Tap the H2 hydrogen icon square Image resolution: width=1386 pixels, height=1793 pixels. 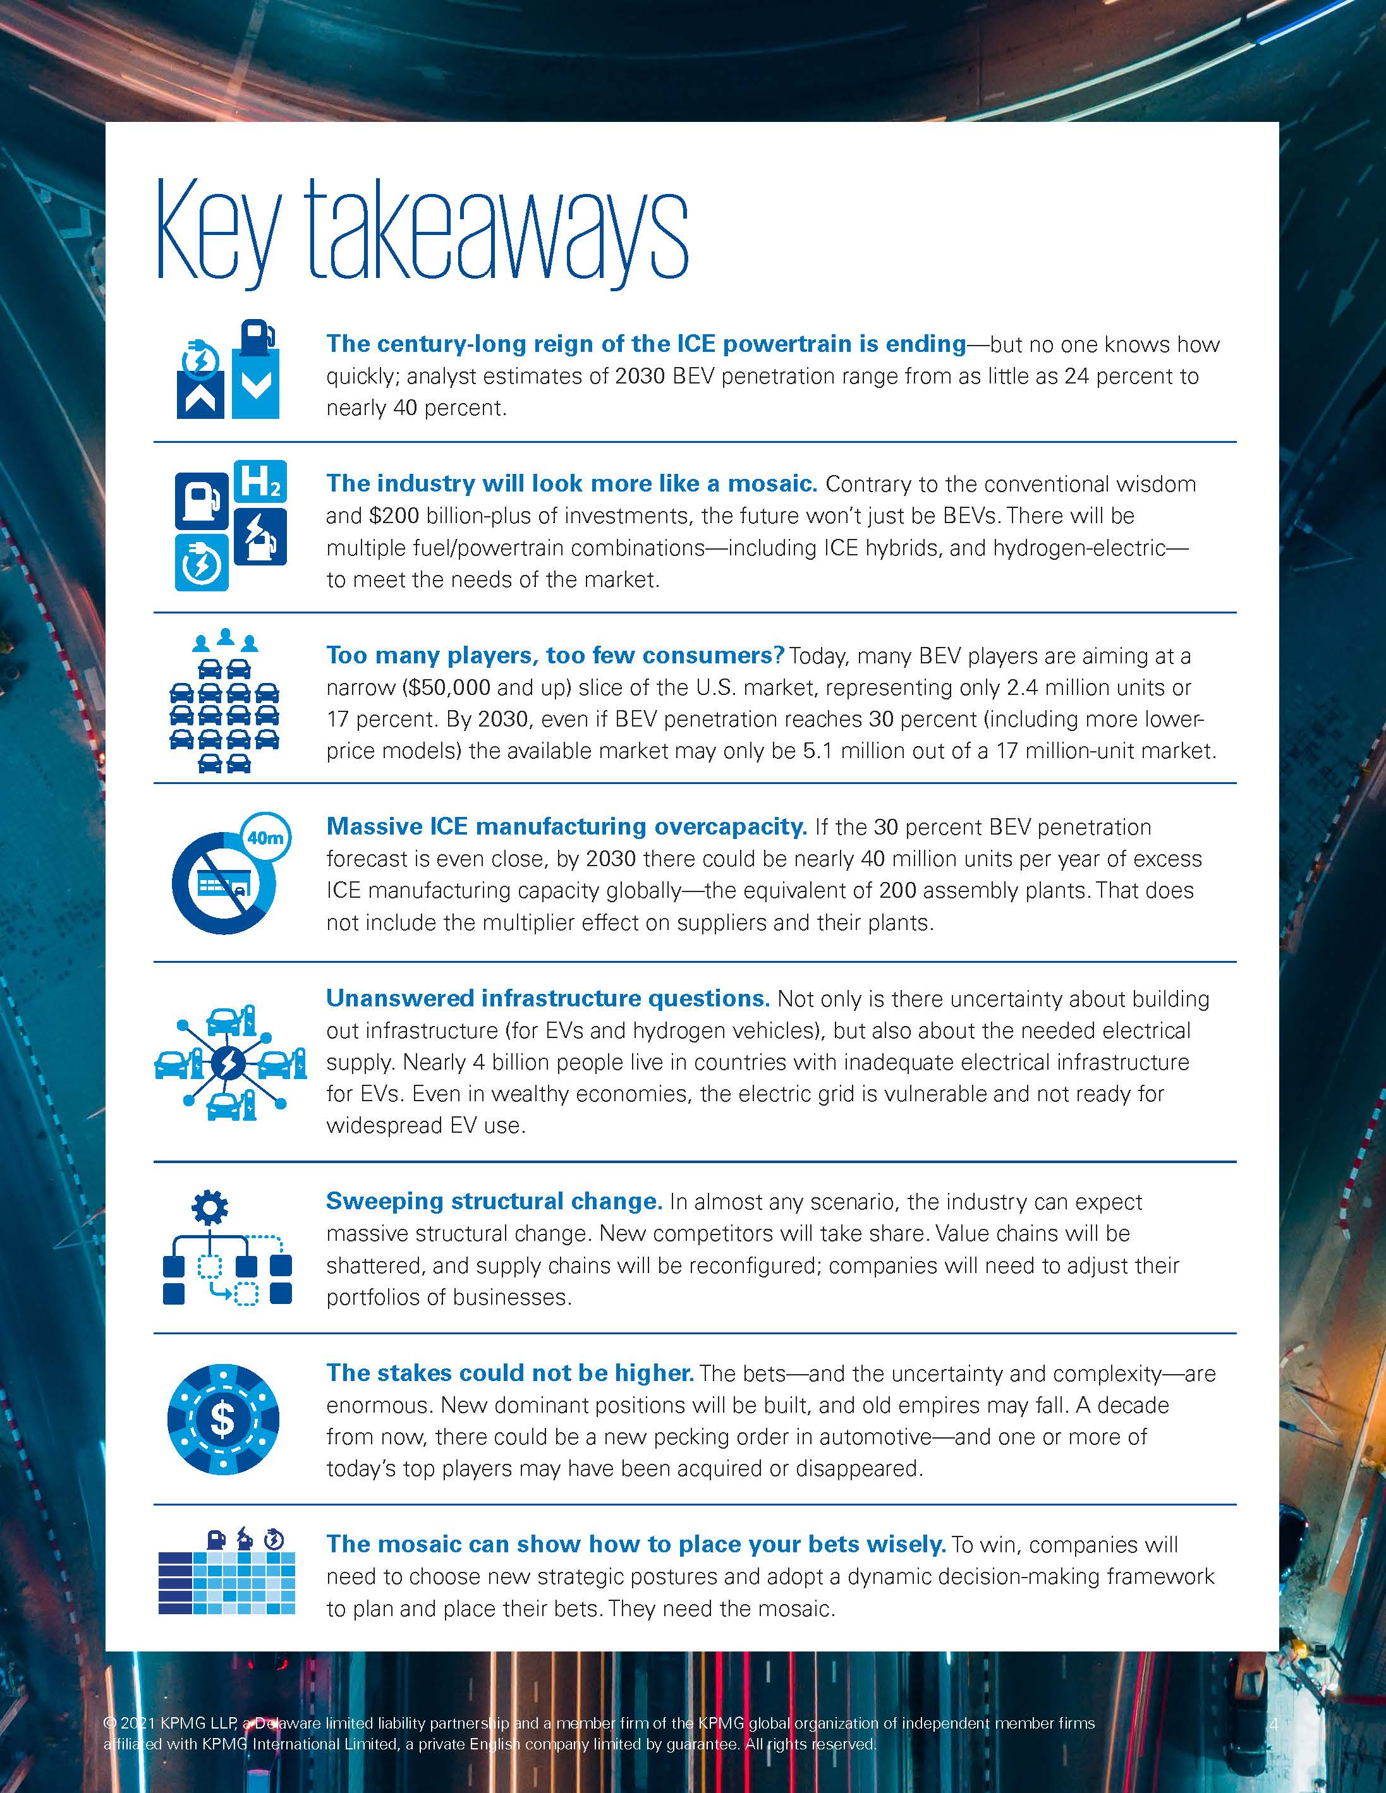(x=260, y=482)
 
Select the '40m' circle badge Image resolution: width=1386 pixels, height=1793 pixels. (x=266, y=837)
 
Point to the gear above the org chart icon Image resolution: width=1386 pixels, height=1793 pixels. (x=210, y=1207)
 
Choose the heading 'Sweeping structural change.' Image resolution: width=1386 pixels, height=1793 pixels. (x=494, y=1201)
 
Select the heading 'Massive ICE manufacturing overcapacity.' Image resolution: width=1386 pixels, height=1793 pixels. (x=566, y=826)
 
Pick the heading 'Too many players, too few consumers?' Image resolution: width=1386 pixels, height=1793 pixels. (x=555, y=655)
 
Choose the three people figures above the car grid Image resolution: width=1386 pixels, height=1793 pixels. (x=225, y=639)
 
